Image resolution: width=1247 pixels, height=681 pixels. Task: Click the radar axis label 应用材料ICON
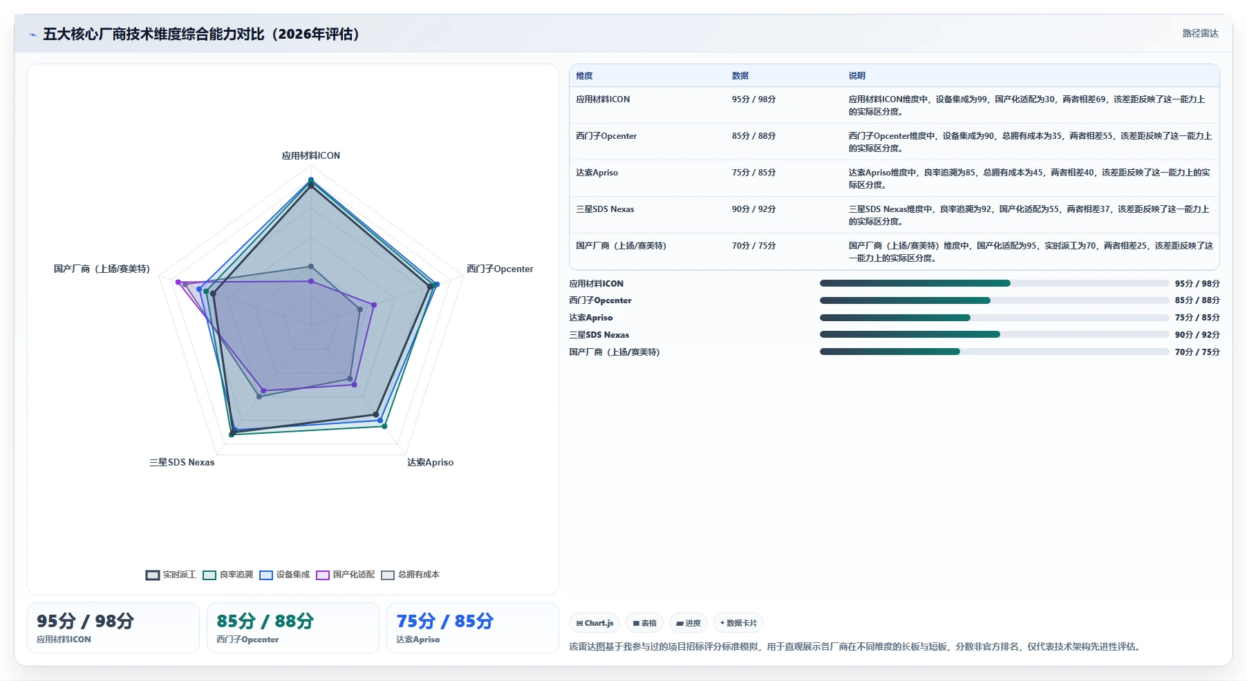click(x=311, y=155)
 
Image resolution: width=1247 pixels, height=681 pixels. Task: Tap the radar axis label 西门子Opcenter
click(x=500, y=269)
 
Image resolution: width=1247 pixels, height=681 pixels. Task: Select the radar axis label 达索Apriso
click(x=430, y=462)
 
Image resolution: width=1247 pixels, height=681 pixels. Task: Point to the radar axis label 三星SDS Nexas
click(x=182, y=462)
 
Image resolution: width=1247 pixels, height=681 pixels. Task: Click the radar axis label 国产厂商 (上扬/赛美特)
click(x=102, y=269)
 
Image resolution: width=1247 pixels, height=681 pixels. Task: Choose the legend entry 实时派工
click(x=171, y=575)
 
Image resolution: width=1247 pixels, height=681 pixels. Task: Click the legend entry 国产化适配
click(x=345, y=575)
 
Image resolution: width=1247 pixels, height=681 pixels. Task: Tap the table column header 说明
click(x=857, y=76)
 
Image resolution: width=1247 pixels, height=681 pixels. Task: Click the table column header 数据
click(x=740, y=76)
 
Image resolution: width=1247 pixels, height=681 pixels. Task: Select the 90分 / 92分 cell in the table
click(x=754, y=209)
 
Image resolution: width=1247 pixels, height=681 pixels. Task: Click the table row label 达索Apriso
click(x=597, y=173)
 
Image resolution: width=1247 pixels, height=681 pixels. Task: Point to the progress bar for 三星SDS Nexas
click(x=994, y=334)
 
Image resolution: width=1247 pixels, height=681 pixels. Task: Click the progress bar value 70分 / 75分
click(x=1197, y=352)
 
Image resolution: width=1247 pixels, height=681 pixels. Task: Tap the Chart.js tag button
click(x=594, y=623)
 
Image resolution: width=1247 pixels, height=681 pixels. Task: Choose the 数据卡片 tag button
click(x=738, y=623)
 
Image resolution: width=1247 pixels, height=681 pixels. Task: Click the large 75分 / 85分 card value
click(x=445, y=621)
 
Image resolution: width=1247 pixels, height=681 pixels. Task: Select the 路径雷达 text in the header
click(x=1201, y=33)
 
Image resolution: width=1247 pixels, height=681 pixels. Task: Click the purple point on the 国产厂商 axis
click(x=178, y=282)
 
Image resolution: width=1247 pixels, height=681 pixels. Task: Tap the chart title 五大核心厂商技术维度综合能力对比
click(x=153, y=34)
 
